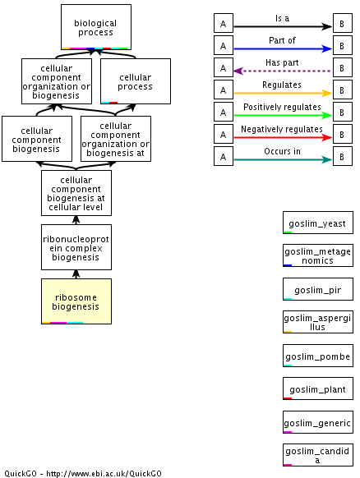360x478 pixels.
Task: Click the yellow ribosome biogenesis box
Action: pos(76,301)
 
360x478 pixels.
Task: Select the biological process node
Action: pos(96,27)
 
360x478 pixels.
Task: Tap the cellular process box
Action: pos(136,81)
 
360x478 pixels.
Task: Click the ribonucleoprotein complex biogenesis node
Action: pos(76,247)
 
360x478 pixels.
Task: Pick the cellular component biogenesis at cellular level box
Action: pos(76,193)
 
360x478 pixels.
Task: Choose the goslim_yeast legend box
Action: pos(318,223)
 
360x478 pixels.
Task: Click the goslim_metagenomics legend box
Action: pos(318,255)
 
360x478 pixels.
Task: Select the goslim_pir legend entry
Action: pos(318,289)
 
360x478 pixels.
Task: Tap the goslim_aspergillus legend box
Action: pos(318,322)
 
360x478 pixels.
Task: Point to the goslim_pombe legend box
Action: pos(318,356)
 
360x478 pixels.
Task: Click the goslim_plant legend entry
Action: pos(318,388)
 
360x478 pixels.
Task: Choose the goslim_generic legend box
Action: pos(318,422)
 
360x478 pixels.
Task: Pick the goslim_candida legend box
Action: pos(318,455)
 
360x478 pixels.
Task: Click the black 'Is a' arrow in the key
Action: pos(283,26)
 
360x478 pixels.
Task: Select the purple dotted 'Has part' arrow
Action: pos(283,71)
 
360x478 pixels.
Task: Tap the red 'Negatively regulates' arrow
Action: pos(283,137)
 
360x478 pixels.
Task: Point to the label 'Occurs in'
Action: pos(282,151)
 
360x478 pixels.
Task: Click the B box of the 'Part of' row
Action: pos(343,45)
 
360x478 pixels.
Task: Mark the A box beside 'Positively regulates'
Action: pos(224,112)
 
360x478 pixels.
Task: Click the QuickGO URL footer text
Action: pos(83,473)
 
